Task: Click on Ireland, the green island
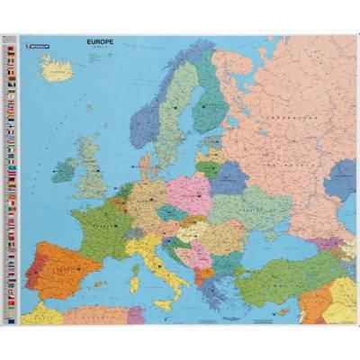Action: [x=64, y=169]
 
